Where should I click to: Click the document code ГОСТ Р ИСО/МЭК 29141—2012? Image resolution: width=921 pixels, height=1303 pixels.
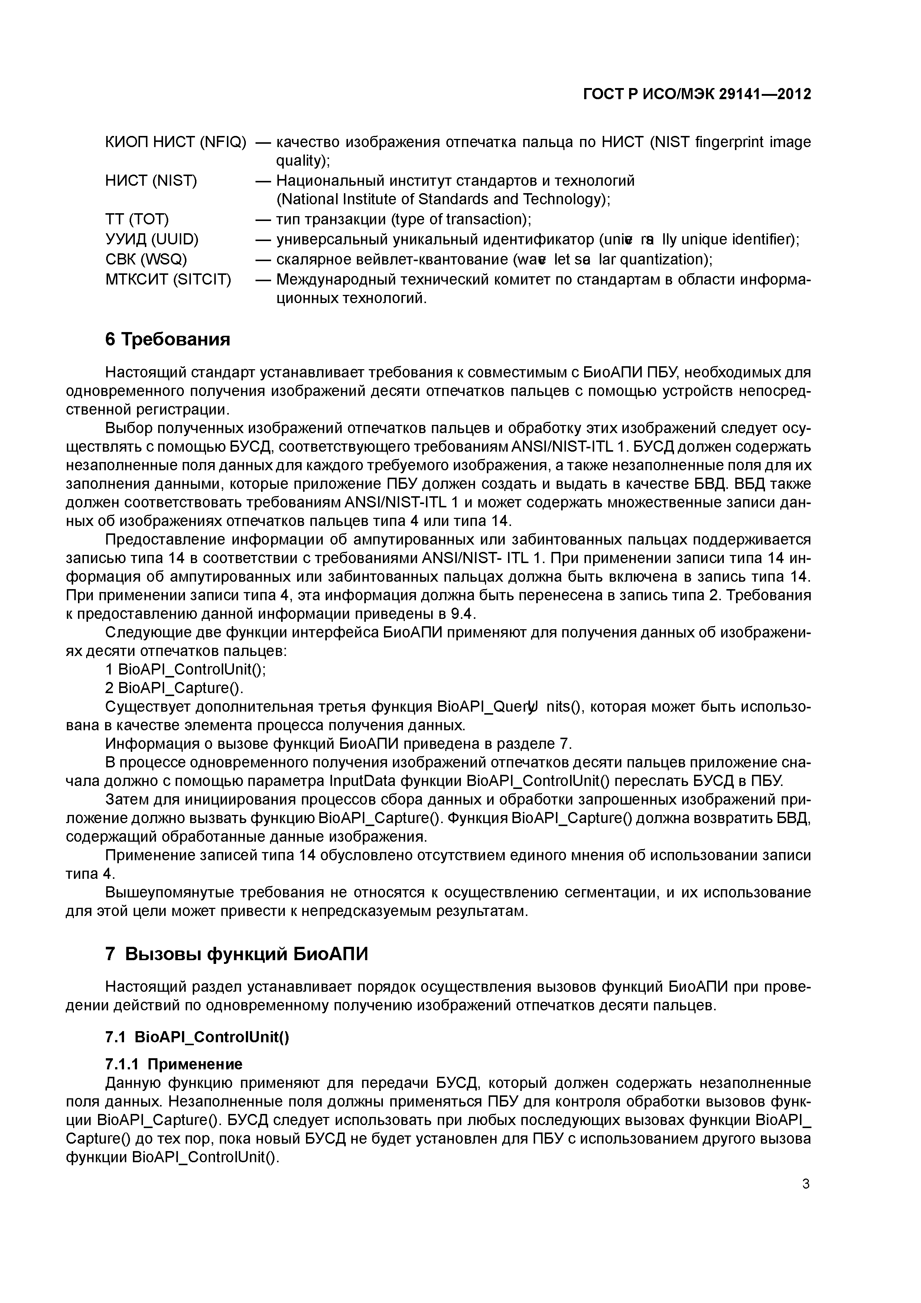pyautogui.click(x=697, y=94)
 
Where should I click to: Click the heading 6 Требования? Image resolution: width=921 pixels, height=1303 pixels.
pyautogui.click(x=168, y=339)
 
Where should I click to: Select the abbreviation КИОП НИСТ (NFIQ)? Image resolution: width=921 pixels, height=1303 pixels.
pyautogui.click(x=176, y=142)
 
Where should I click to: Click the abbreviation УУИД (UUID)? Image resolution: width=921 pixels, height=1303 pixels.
pyautogui.click(x=152, y=240)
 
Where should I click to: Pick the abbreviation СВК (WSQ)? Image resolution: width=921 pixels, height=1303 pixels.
pyautogui.click(x=146, y=259)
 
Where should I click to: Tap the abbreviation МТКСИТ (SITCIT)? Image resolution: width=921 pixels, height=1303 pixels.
pyautogui.click(x=169, y=280)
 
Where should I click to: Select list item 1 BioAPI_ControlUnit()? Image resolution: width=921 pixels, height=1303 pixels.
pyautogui.click(x=186, y=670)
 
